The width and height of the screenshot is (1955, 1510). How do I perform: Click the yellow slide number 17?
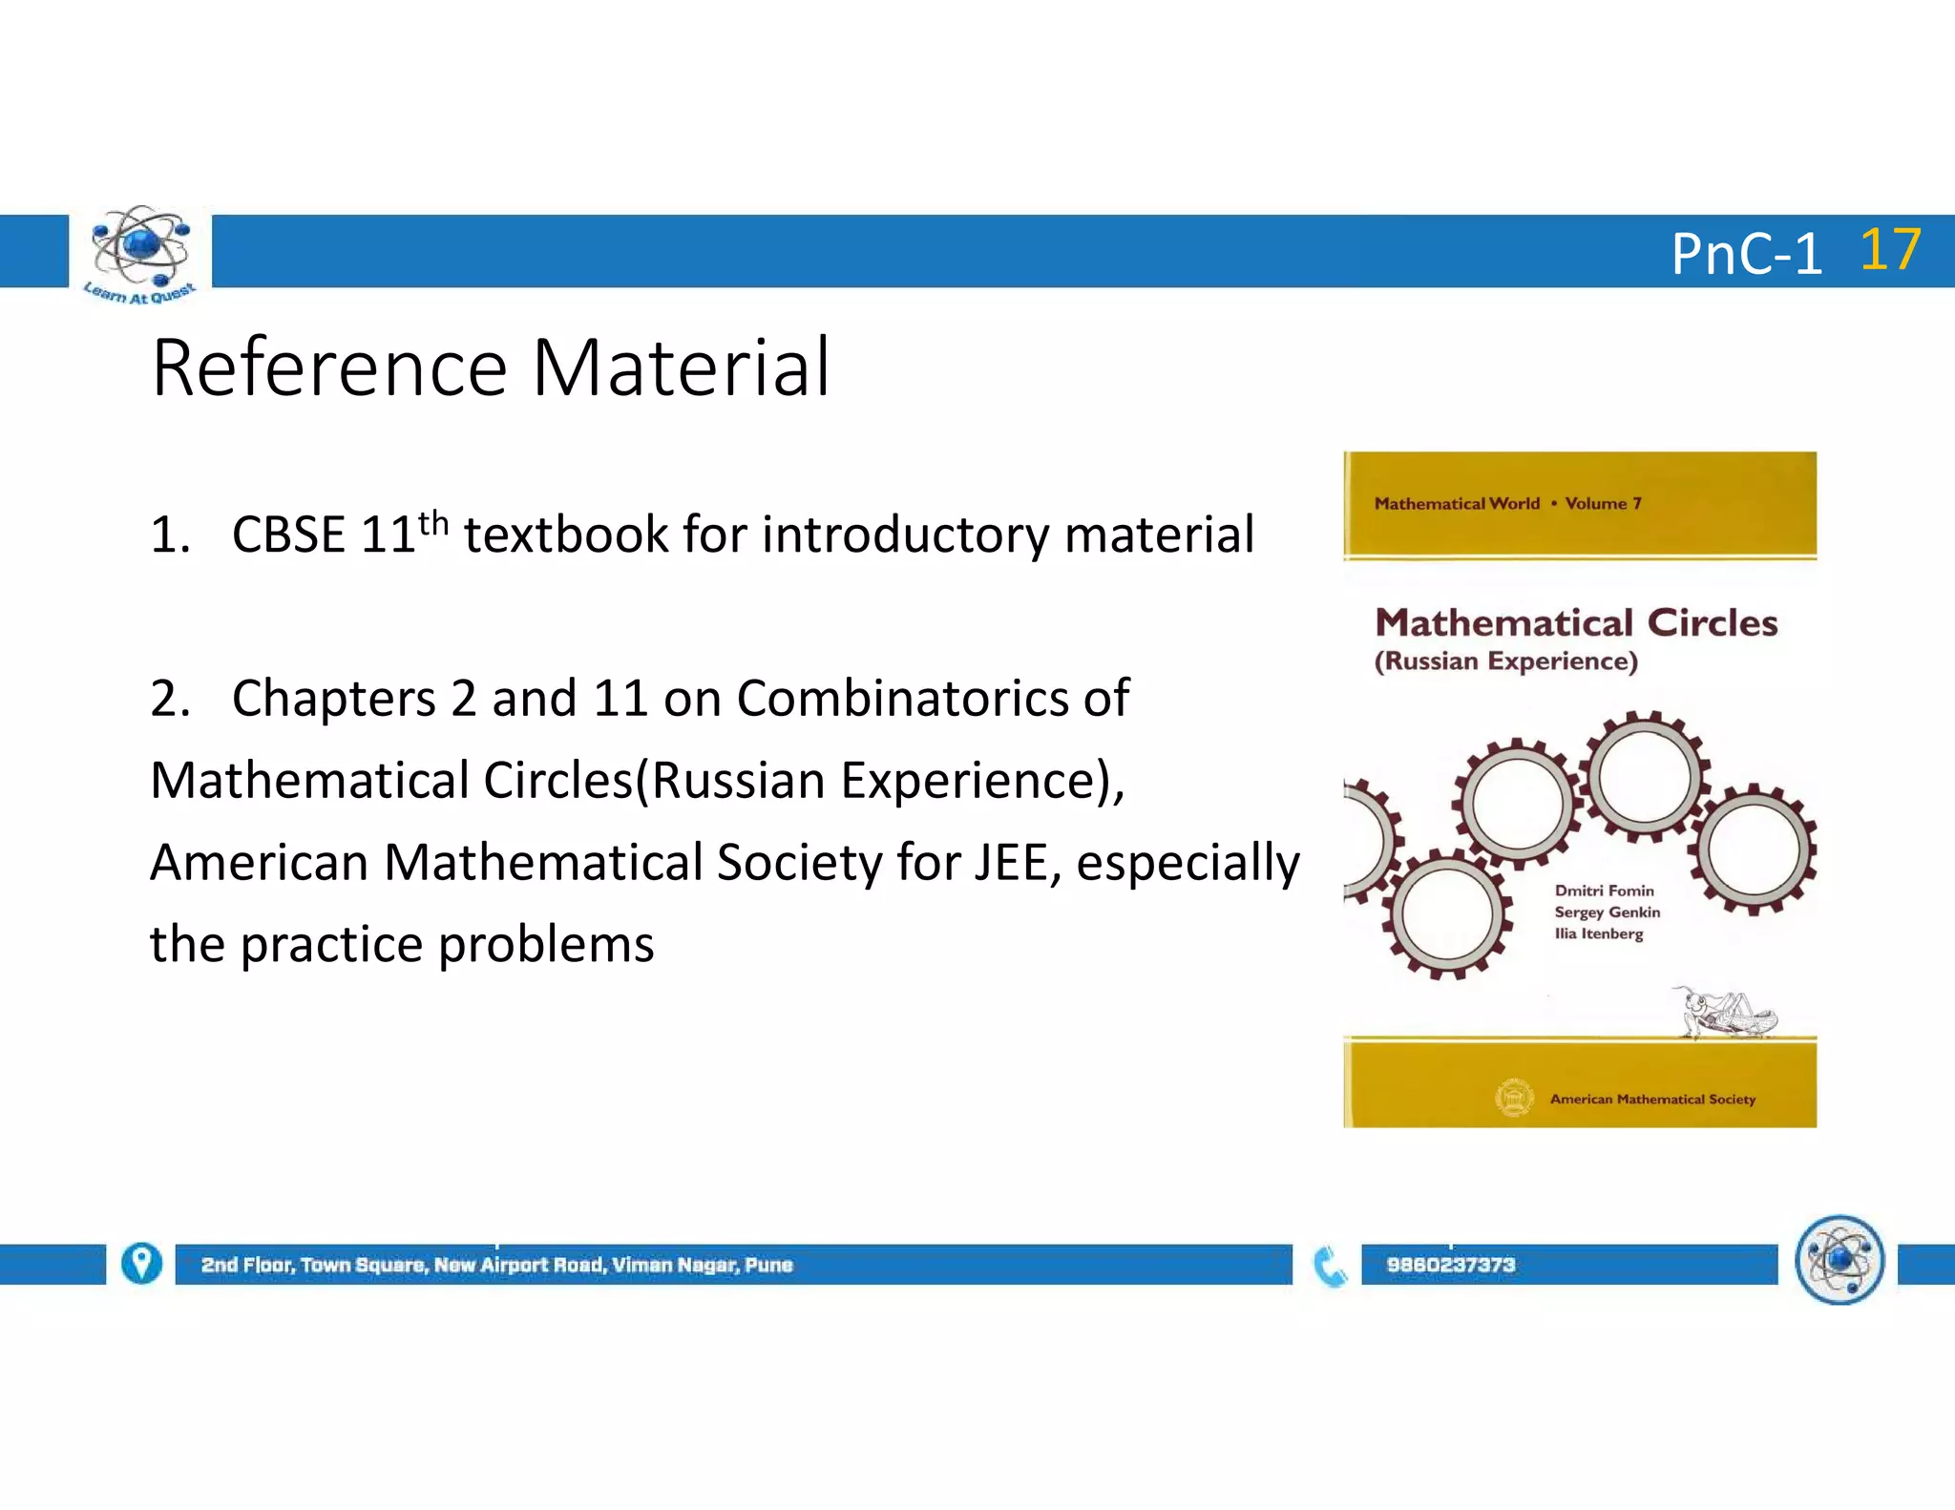point(1890,250)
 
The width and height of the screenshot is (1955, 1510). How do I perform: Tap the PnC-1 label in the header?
point(1746,255)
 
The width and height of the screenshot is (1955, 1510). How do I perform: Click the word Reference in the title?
point(329,368)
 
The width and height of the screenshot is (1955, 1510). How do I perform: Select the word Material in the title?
point(682,368)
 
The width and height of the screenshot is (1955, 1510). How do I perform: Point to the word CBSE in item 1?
point(288,535)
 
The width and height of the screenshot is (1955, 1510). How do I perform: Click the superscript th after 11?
point(433,522)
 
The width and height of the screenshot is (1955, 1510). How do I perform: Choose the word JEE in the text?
point(1011,863)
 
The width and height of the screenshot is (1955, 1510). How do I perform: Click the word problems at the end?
point(546,945)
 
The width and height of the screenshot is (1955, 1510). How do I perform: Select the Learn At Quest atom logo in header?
point(140,251)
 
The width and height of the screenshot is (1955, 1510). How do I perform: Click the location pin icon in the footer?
point(141,1264)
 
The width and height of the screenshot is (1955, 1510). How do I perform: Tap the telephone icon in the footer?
point(1330,1267)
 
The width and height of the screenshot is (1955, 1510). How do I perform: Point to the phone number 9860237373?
point(1450,1265)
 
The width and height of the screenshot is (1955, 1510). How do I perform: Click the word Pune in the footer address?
point(768,1265)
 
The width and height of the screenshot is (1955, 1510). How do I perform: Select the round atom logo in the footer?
point(1839,1260)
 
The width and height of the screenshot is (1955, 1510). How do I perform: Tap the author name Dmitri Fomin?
point(1604,891)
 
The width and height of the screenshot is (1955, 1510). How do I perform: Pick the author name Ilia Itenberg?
point(1598,933)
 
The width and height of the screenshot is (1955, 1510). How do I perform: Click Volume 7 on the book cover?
point(1603,503)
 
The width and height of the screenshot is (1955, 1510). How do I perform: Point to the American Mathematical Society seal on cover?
point(1514,1098)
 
